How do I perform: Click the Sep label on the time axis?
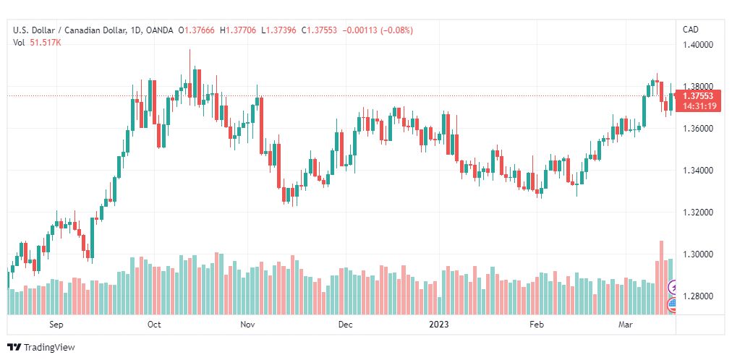pyautogui.click(x=56, y=325)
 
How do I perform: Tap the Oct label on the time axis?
pyautogui.click(x=154, y=325)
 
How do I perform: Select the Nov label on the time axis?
pyautogui.click(x=248, y=325)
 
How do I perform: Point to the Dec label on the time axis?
pyautogui.click(x=345, y=325)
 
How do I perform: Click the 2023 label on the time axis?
pyautogui.click(x=438, y=325)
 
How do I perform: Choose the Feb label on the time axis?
pyautogui.click(x=536, y=325)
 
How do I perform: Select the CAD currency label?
pyautogui.click(x=691, y=30)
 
